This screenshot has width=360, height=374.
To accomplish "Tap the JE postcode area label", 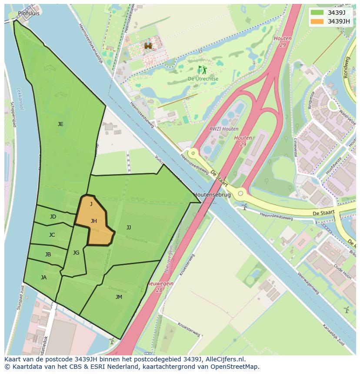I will click(x=60, y=124).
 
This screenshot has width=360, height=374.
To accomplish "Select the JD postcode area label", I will click(x=53, y=217).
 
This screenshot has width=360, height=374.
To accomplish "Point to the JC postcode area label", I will click(x=52, y=235).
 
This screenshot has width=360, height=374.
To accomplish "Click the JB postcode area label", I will click(x=48, y=255).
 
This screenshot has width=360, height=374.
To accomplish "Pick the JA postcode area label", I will click(x=43, y=278).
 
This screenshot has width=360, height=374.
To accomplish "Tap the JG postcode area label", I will click(x=76, y=253).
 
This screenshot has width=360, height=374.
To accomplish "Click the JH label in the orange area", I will click(x=93, y=221).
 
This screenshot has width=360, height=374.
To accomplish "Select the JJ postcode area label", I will click(x=129, y=228).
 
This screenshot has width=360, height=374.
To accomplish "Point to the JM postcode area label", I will click(x=119, y=297).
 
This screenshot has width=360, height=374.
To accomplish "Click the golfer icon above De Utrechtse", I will click(x=202, y=70).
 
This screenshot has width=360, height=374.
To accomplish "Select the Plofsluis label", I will click(x=29, y=13).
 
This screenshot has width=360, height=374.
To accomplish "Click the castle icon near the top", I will click(x=148, y=46).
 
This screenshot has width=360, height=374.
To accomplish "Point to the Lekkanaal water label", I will click(x=20, y=98).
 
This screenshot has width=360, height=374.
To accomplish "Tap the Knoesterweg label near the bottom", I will click(x=188, y=329).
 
